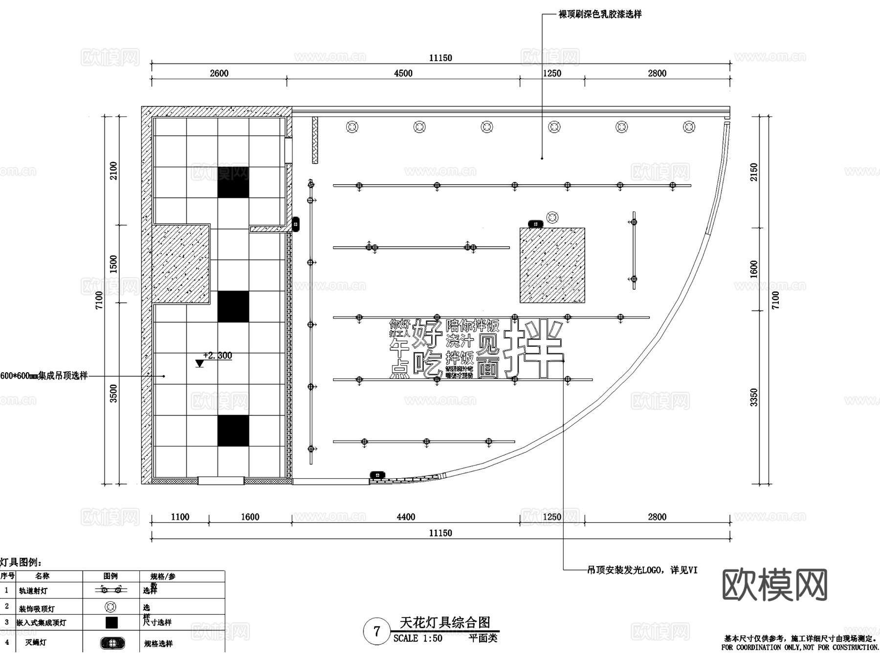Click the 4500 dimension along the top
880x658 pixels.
[403, 73]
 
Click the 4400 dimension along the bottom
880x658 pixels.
[406, 517]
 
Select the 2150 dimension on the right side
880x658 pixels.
[754, 172]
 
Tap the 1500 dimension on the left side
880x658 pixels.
[113, 264]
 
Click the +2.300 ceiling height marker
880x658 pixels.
[217, 356]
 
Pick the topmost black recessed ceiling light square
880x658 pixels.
[233, 182]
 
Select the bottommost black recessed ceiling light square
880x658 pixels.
[233, 431]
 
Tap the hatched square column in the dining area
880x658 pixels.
[552, 265]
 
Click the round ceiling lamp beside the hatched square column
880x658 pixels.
[552, 217]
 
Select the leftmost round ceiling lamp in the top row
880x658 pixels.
[352, 127]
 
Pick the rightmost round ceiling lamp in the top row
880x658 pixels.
[689, 127]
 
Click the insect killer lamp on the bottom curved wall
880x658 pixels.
[377, 475]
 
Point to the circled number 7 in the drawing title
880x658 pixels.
[376, 632]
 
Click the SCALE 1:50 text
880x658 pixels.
[418, 638]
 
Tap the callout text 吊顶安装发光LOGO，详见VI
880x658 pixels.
[642, 570]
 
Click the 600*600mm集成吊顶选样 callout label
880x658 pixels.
[44, 376]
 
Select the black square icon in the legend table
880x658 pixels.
[111, 622]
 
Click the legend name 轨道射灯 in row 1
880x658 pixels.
[33, 591]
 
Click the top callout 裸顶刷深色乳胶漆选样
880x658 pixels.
[600, 15]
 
